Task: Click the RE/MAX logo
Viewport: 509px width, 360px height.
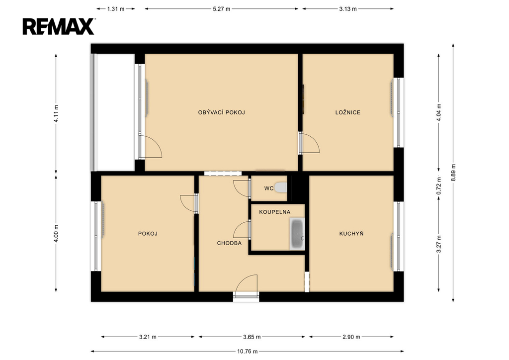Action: tap(59, 27)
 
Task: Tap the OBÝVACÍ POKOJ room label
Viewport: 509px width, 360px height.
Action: tap(221, 113)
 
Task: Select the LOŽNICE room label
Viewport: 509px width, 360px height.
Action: tap(347, 113)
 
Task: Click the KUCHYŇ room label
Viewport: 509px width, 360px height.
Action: tap(351, 233)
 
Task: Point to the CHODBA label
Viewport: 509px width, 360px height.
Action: tap(229, 243)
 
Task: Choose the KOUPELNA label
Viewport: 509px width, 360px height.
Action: tap(274, 212)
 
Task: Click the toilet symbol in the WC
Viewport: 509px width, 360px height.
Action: tap(281, 187)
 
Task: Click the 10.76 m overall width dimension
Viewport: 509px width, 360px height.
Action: tap(248, 351)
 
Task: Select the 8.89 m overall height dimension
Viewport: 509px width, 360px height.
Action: tap(453, 173)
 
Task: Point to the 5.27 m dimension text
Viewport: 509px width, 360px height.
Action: tap(221, 9)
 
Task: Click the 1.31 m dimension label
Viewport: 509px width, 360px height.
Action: tap(116, 9)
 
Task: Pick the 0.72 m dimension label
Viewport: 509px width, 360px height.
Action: tap(438, 186)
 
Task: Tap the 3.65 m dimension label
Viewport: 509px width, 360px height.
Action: tap(252, 337)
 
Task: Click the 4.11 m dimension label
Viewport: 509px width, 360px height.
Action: tap(56, 113)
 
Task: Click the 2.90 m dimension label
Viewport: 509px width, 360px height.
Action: tap(351, 337)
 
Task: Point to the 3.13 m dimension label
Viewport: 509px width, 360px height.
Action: tap(348, 9)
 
